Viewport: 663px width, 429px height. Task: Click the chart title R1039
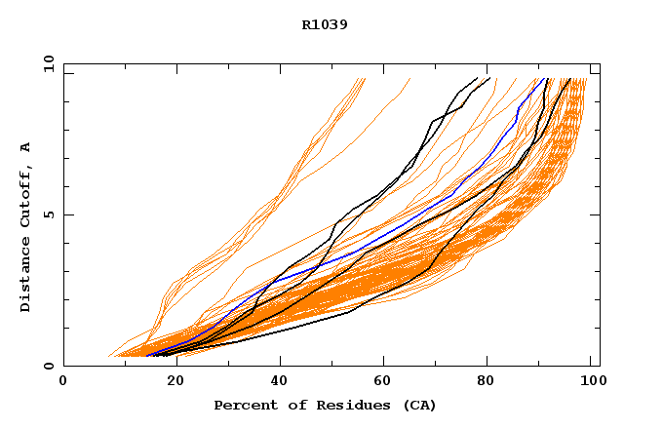point(325,24)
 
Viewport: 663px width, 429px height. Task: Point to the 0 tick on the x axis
point(63,382)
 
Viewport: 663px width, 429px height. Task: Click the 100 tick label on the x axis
point(591,382)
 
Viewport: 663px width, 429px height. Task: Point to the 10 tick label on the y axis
point(48,64)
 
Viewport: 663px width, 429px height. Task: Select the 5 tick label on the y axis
point(52,214)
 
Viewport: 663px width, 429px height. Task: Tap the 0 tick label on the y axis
point(52,366)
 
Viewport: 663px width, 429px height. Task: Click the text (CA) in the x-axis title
point(419,405)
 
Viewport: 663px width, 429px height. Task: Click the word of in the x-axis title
point(288,405)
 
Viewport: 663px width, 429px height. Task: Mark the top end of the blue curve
point(537,79)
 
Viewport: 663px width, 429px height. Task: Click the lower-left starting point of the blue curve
point(146,355)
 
